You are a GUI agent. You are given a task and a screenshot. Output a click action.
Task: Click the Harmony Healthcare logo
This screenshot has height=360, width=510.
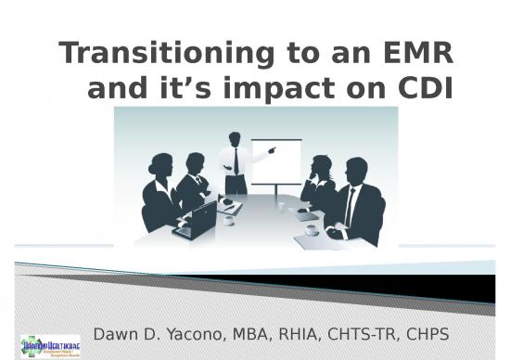pyautogui.click(x=51, y=341)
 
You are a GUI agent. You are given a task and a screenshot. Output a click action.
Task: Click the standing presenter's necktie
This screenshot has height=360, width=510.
pyautogui.click(x=236, y=161)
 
